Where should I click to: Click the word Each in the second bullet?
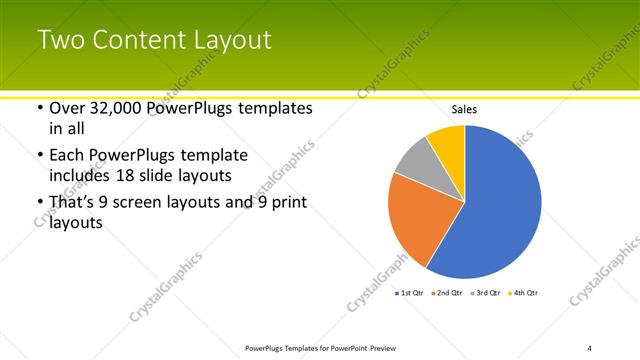(x=66, y=155)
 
